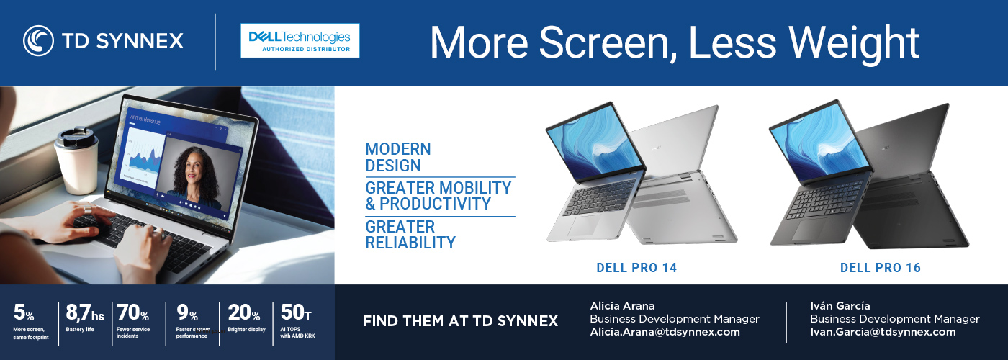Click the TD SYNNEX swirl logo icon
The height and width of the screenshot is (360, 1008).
38,41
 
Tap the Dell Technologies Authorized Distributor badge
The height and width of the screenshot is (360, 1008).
300,40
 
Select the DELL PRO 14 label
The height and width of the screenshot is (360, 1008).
636,268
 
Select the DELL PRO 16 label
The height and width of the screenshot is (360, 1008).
880,268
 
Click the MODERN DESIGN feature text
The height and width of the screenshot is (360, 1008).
397,157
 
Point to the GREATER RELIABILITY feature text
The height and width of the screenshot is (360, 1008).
410,235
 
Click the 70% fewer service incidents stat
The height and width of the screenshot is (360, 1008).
133,320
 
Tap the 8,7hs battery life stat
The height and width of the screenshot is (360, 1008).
85,320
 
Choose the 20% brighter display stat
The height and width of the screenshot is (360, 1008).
245,320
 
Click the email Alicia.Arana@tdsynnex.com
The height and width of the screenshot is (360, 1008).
665,332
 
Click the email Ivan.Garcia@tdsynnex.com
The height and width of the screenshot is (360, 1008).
883,332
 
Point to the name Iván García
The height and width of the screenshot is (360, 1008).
840,306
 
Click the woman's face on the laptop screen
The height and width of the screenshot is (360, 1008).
192,167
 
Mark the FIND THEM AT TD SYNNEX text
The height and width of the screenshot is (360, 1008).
460,321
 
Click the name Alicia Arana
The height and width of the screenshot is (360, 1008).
622,306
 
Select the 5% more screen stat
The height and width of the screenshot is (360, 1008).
29,320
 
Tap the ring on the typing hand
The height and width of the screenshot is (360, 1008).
88,209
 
